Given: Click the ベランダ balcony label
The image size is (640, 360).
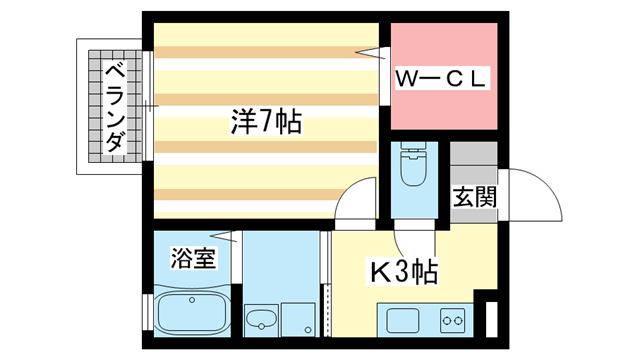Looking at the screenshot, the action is (115, 108).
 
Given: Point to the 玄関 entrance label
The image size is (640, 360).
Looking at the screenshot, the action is (474, 196).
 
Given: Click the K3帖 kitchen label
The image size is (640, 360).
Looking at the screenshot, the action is (404, 270).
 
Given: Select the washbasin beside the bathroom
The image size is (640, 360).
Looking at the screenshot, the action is (262, 321).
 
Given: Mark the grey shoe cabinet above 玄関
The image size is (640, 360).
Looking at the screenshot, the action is (473, 155).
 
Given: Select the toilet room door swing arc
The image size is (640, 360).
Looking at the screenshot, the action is (409, 240).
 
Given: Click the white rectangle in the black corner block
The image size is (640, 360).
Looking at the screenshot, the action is (489, 320).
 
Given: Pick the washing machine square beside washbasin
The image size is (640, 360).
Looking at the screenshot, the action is (297, 320).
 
